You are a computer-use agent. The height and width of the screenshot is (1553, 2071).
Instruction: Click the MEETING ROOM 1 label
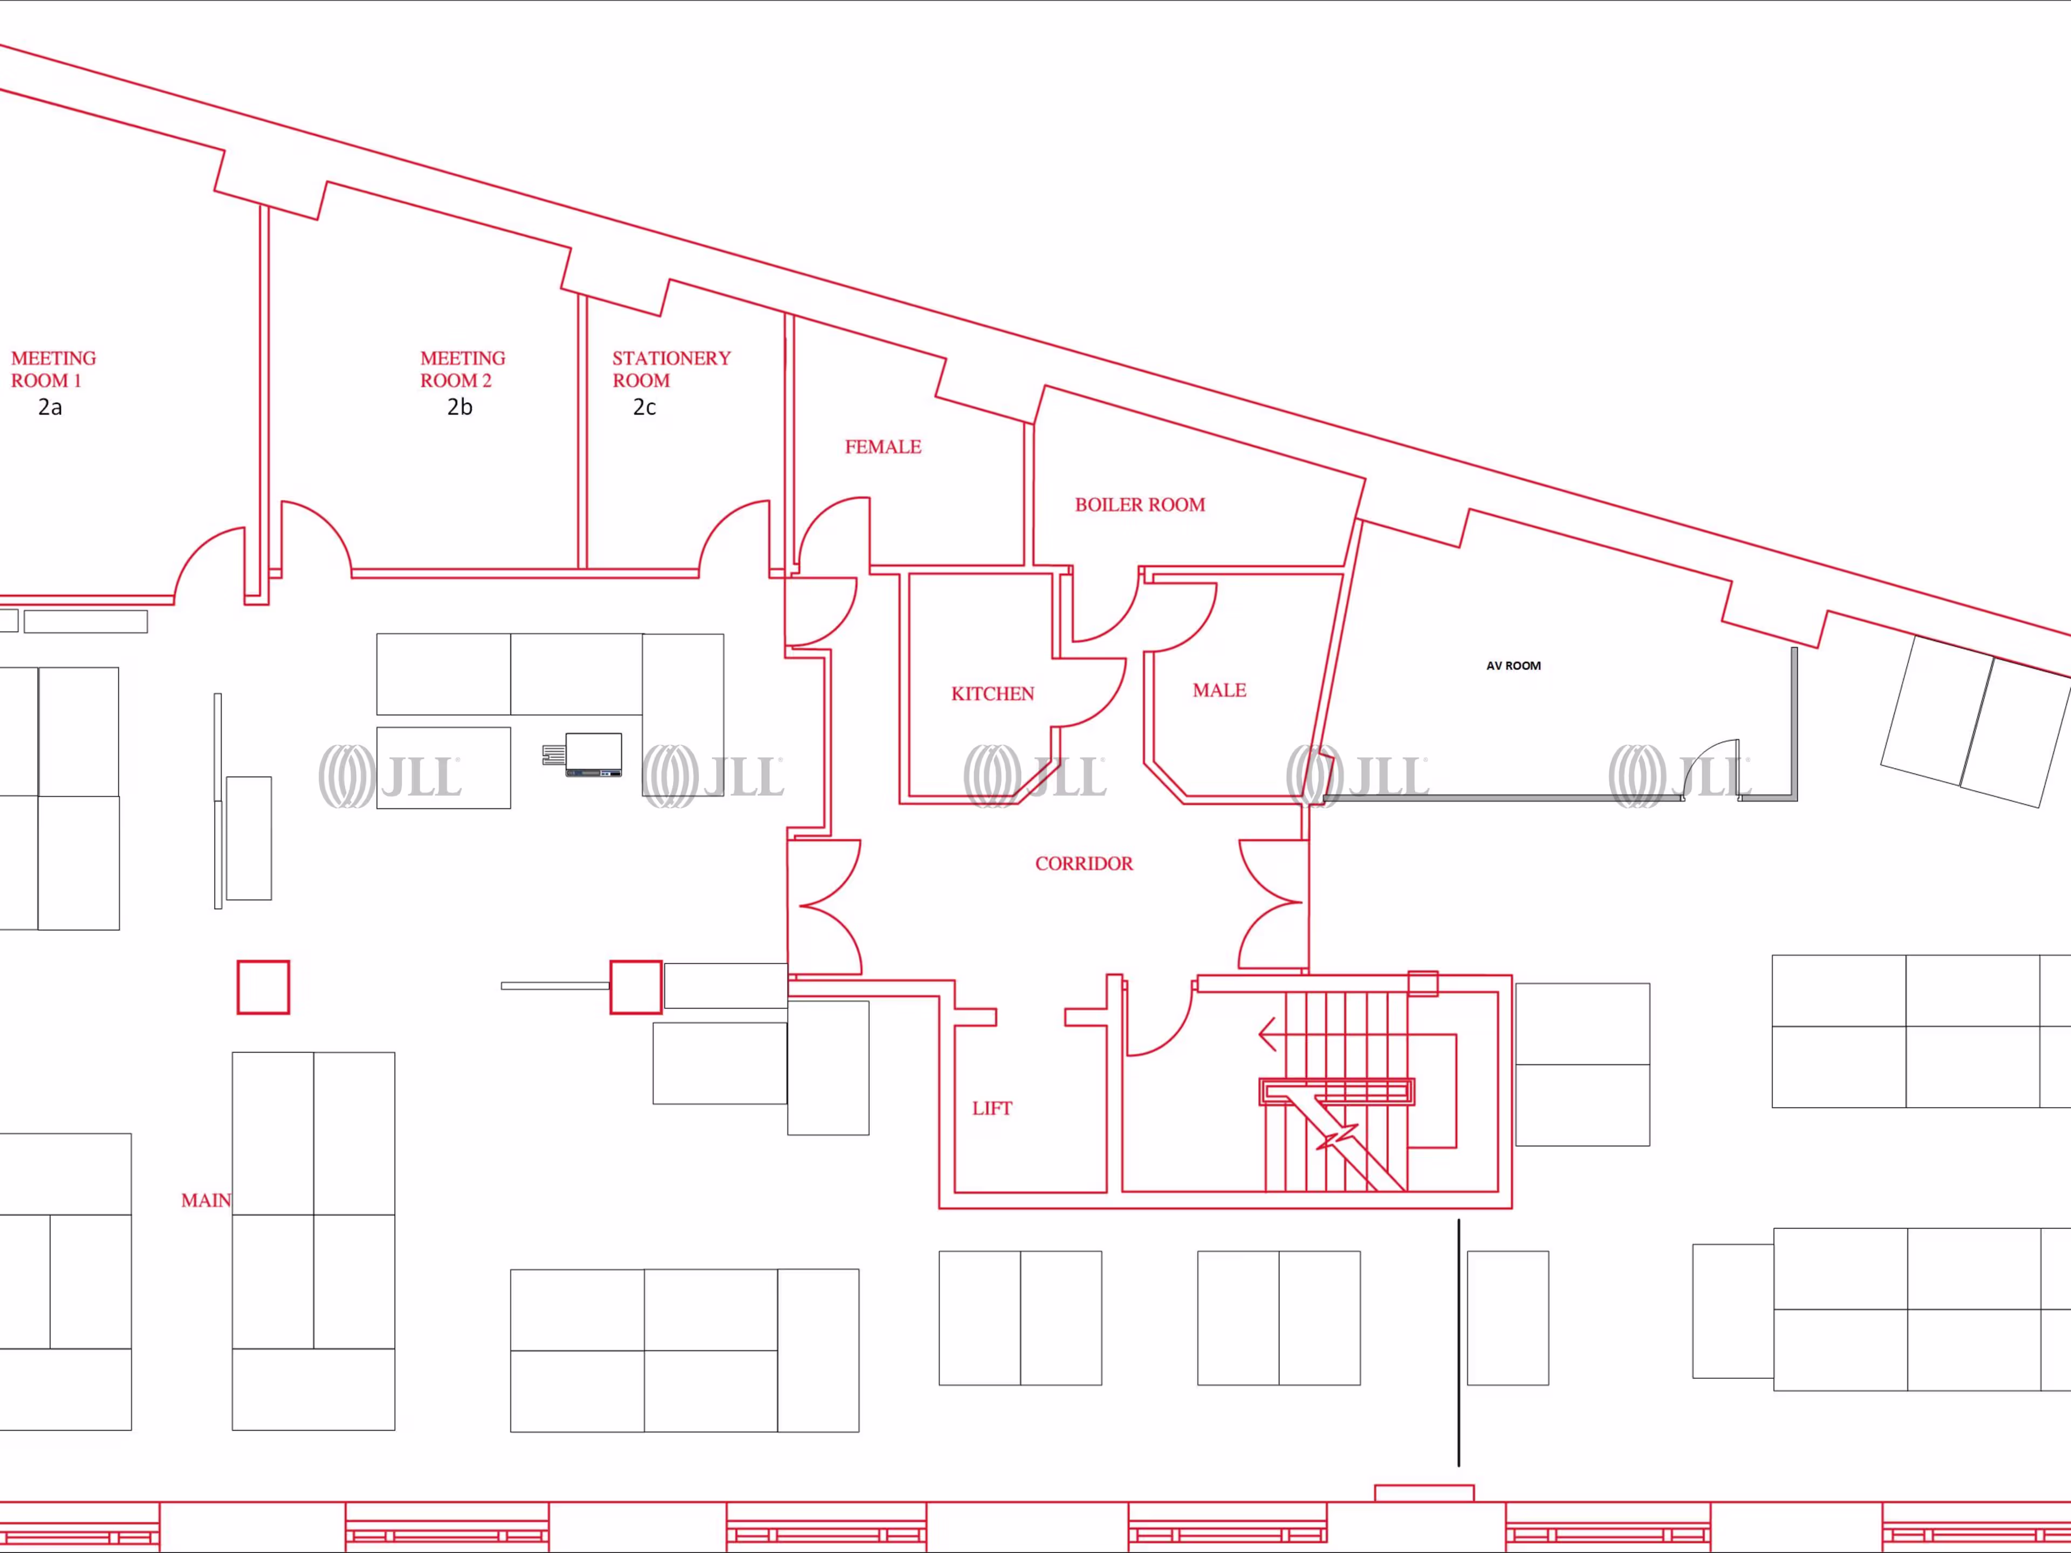(53, 369)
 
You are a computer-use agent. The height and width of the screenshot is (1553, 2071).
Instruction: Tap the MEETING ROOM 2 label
(463, 369)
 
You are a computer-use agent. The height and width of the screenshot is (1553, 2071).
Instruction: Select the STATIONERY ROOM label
(671, 369)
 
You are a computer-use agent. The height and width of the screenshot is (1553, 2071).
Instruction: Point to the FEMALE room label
(883, 446)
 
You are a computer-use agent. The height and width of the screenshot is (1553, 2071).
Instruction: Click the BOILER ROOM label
(1140, 505)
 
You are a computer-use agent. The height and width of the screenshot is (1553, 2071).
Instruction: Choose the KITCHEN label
(992, 693)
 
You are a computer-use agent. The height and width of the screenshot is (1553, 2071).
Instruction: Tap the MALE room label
(1219, 690)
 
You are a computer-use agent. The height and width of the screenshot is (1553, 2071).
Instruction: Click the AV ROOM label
(1513, 665)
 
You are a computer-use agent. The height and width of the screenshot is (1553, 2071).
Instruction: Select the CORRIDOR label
(1083, 863)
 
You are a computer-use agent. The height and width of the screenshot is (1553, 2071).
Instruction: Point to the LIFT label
(991, 1108)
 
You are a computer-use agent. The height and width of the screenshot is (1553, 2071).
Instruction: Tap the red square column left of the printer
(263, 987)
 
